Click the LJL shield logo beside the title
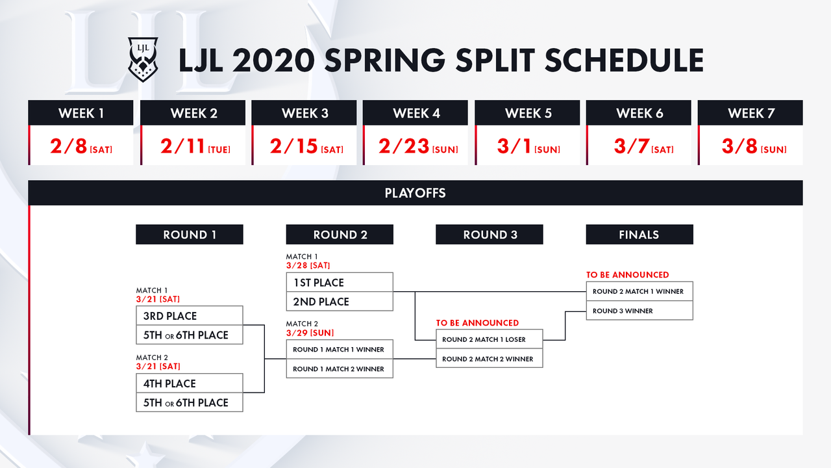point(143,59)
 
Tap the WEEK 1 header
point(81,112)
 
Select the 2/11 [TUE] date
point(195,146)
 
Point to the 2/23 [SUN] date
point(418,146)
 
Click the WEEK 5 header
point(528,112)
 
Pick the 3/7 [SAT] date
point(643,146)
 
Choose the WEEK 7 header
point(750,112)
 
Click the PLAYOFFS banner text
point(415,193)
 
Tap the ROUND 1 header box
point(190,235)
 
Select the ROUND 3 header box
point(490,235)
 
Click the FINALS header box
point(639,235)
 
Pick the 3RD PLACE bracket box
point(190,316)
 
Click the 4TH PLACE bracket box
point(190,383)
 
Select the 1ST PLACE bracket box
point(340,282)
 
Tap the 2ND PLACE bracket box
point(340,301)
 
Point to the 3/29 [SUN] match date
point(310,333)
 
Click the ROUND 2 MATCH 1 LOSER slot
point(490,339)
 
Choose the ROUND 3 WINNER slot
point(639,311)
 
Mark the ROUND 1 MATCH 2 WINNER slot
point(340,369)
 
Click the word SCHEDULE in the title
point(625,60)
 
